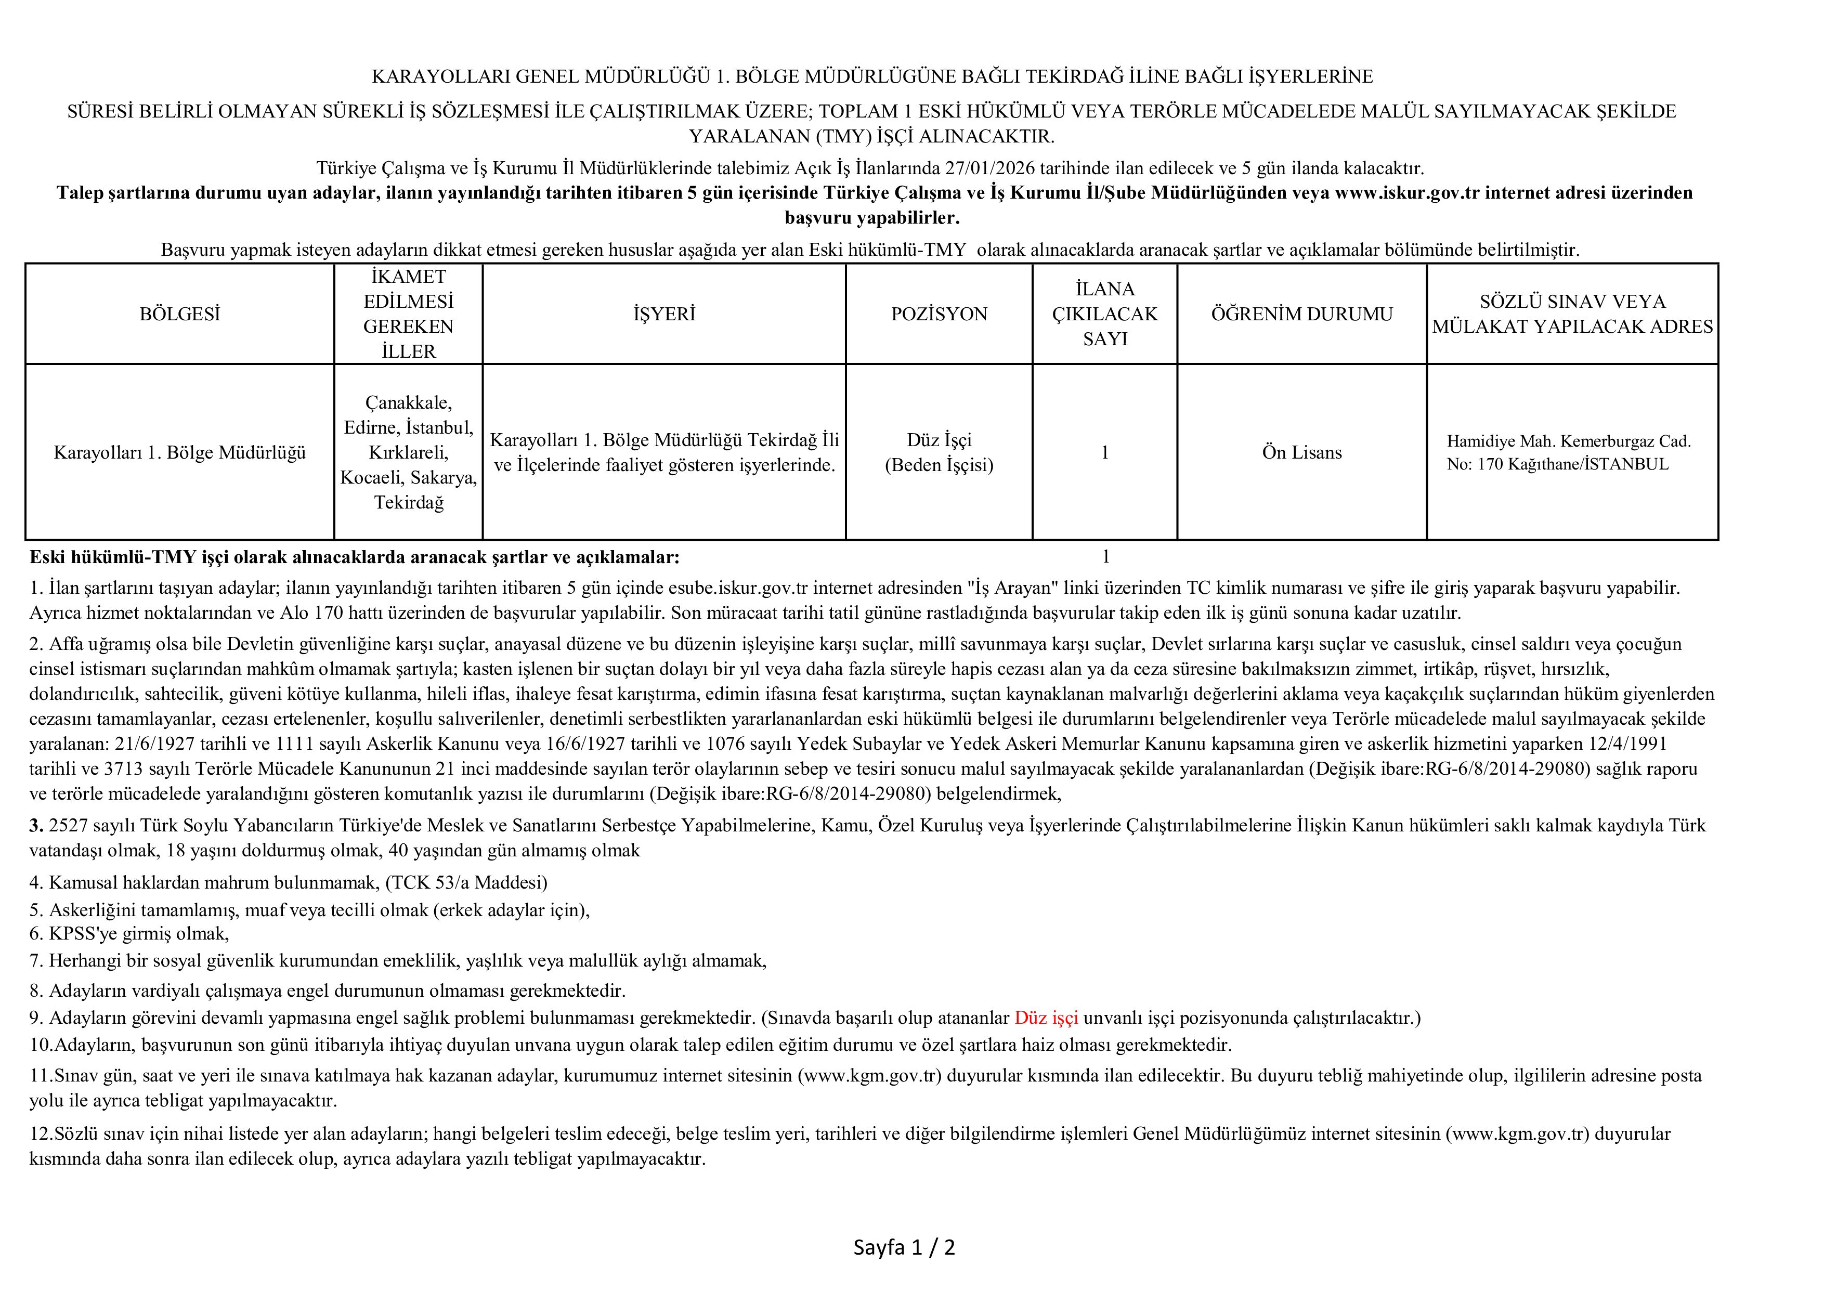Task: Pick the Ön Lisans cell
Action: (x=1301, y=453)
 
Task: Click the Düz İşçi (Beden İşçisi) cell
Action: (x=939, y=453)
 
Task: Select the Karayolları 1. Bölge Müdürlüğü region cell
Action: (x=179, y=453)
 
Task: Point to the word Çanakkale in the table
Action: (x=408, y=403)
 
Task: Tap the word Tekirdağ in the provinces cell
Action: (x=408, y=503)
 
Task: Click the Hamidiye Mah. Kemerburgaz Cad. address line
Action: (x=1568, y=441)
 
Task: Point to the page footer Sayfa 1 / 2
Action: (x=904, y=1247)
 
